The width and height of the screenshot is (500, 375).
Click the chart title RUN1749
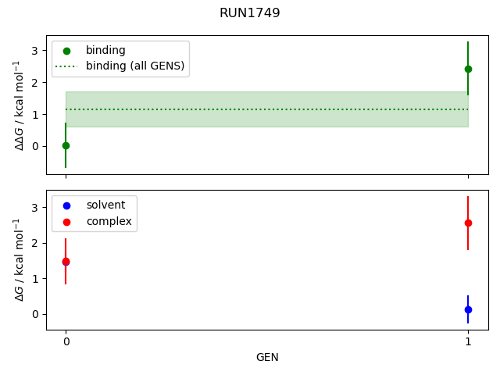point(250,13)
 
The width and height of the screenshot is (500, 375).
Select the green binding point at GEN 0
point(66,145)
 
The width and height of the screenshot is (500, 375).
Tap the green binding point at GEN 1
point(468,69)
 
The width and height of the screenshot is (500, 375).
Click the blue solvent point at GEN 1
point(468,309)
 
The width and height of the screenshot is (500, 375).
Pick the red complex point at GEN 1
point(468,223)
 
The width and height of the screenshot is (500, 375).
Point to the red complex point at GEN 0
point(66,261)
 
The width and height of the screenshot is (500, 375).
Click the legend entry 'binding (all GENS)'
point(134,66)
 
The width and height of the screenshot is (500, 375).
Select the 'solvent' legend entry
point(105,205)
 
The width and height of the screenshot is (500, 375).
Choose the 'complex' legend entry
point(109,222)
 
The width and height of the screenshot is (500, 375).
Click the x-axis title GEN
point(267,357)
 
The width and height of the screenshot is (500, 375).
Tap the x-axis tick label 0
point(66,341)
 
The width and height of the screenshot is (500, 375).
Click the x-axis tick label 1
point(468,341)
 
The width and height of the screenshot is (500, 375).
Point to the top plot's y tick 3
point(34,51)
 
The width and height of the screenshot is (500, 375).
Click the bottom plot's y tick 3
point(34,207)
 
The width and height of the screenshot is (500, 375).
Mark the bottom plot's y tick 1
point(34,279)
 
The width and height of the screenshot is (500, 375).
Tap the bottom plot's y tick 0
point(34,314)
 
